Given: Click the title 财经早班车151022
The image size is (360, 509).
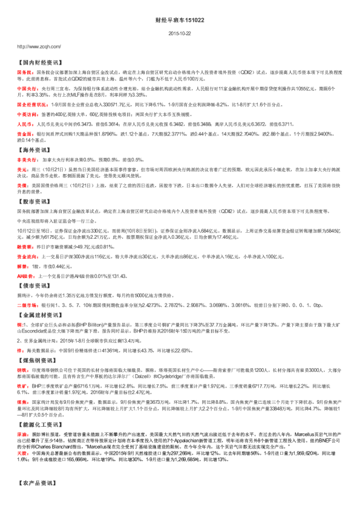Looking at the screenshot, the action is (x=179, y=20).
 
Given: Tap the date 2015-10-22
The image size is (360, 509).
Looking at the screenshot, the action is (x=179, y=34).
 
